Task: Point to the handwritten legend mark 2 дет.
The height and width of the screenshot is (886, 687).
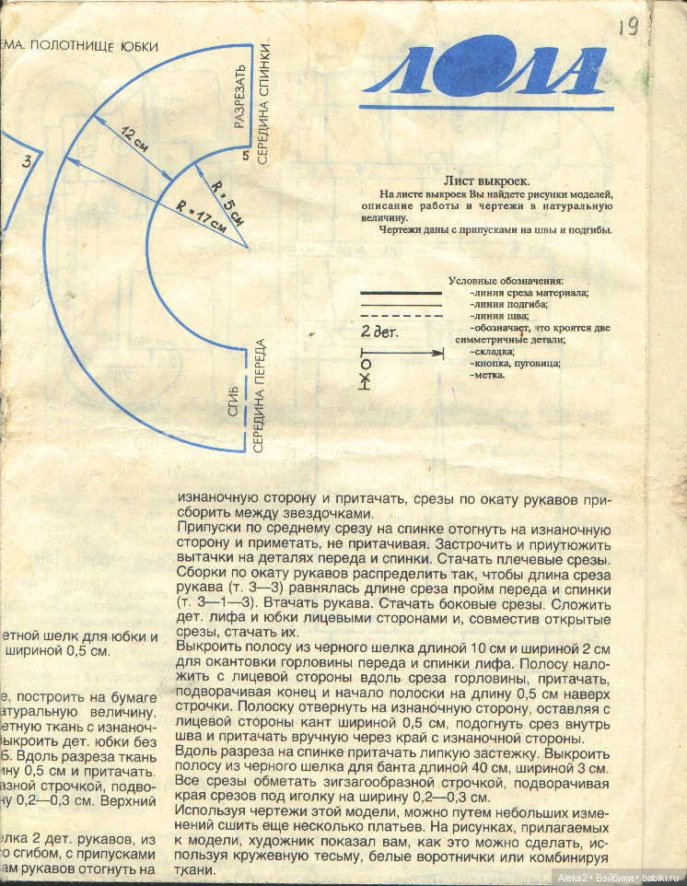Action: tap(378, 331)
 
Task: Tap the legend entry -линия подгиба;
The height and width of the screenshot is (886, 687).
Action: tap(507, 303)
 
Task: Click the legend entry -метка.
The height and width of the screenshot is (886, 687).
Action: tap(486, 375)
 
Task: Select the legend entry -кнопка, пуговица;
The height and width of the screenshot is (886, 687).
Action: tap(514, 363)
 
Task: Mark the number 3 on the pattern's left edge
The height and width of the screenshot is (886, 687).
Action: tap(27, 162)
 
